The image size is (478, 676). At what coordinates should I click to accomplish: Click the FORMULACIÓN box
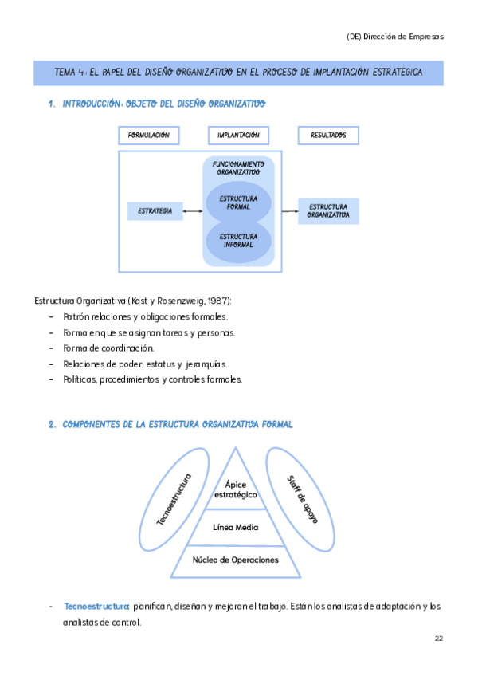[149, 136]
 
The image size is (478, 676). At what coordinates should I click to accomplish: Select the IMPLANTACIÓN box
[238, 136]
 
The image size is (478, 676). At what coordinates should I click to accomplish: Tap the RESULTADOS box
[328, 136]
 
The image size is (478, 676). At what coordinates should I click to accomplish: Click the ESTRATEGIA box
[155, 211]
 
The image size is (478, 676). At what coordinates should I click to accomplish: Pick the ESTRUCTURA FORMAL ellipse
[238, 202]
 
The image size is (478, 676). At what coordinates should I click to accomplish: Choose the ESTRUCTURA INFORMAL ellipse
[238, 241]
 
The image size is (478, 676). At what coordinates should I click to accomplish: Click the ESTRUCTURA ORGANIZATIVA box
[328, 211]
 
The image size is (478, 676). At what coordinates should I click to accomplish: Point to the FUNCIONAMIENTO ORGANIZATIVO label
[238, 168]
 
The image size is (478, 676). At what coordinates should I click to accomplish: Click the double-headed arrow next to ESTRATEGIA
[193, 211]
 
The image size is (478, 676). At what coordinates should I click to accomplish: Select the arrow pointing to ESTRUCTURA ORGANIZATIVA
[290, 211]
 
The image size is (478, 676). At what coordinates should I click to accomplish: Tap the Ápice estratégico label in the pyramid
[235, 489]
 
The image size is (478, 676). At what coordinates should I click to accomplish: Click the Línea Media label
[235, 527]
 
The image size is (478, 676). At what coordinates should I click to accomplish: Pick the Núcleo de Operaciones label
[235, 560]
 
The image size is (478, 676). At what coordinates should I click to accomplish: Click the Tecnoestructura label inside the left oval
[174, 499]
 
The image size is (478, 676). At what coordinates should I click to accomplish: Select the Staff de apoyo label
[303, 499]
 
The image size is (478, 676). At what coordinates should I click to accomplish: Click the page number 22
[439, 639]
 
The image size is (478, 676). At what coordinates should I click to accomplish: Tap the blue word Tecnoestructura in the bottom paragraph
[96, 607]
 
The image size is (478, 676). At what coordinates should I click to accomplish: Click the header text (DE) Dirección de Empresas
[395, 37]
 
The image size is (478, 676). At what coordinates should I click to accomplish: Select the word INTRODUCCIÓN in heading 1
[92, 104]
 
